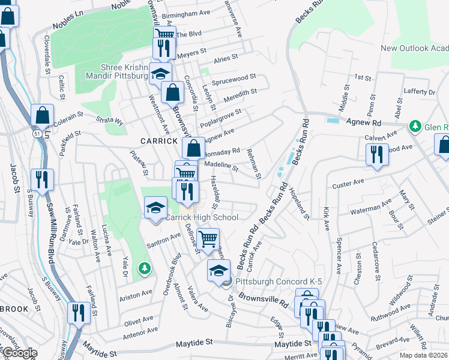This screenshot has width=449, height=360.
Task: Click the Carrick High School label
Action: (202, 217)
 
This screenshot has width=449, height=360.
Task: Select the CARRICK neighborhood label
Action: (159, 140)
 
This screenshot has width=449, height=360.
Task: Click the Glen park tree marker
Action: (414, 127)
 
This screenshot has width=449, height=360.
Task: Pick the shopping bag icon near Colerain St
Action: (43, 115)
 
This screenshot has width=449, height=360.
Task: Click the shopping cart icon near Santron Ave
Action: (208, 238)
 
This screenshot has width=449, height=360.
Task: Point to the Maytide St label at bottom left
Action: (194, 344)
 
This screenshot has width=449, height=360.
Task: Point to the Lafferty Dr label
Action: (419, 92)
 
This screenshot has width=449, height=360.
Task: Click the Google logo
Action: (19, 353)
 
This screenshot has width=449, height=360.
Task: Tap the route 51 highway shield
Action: (37, 136)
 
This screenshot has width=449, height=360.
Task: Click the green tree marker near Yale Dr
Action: (144, 267)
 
